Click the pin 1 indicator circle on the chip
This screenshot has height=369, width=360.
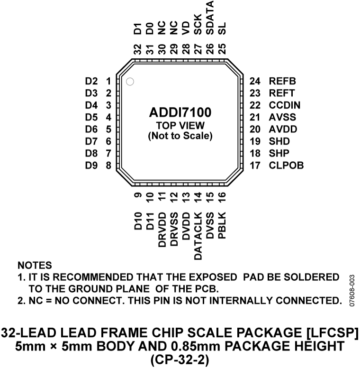click(x=130, y=81)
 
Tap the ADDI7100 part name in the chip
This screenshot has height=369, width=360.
click(x=180, y=113)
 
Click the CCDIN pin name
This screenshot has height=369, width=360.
click(x=284, y=105)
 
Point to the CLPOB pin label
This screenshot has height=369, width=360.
click(x=286, y=166)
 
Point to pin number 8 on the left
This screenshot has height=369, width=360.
click(x=108, y=166)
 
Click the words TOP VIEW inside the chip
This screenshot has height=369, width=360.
click(x=180, y=125)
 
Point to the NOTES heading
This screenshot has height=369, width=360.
click(x=35, y=264)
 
